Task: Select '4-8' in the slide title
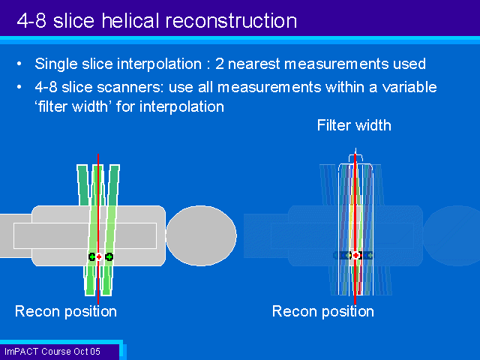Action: point(34,20)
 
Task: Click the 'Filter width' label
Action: point(354,125)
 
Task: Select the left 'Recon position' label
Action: point(66,311)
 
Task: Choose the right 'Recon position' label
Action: point(322,311)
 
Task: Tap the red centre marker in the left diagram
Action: point(98,257)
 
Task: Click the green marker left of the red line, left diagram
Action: point(92,257)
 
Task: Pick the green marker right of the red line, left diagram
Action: point(109,257)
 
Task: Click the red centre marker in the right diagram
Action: point(355,256)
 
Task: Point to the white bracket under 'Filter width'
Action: point(355,155)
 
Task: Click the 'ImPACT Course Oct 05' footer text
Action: point(52,351)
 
